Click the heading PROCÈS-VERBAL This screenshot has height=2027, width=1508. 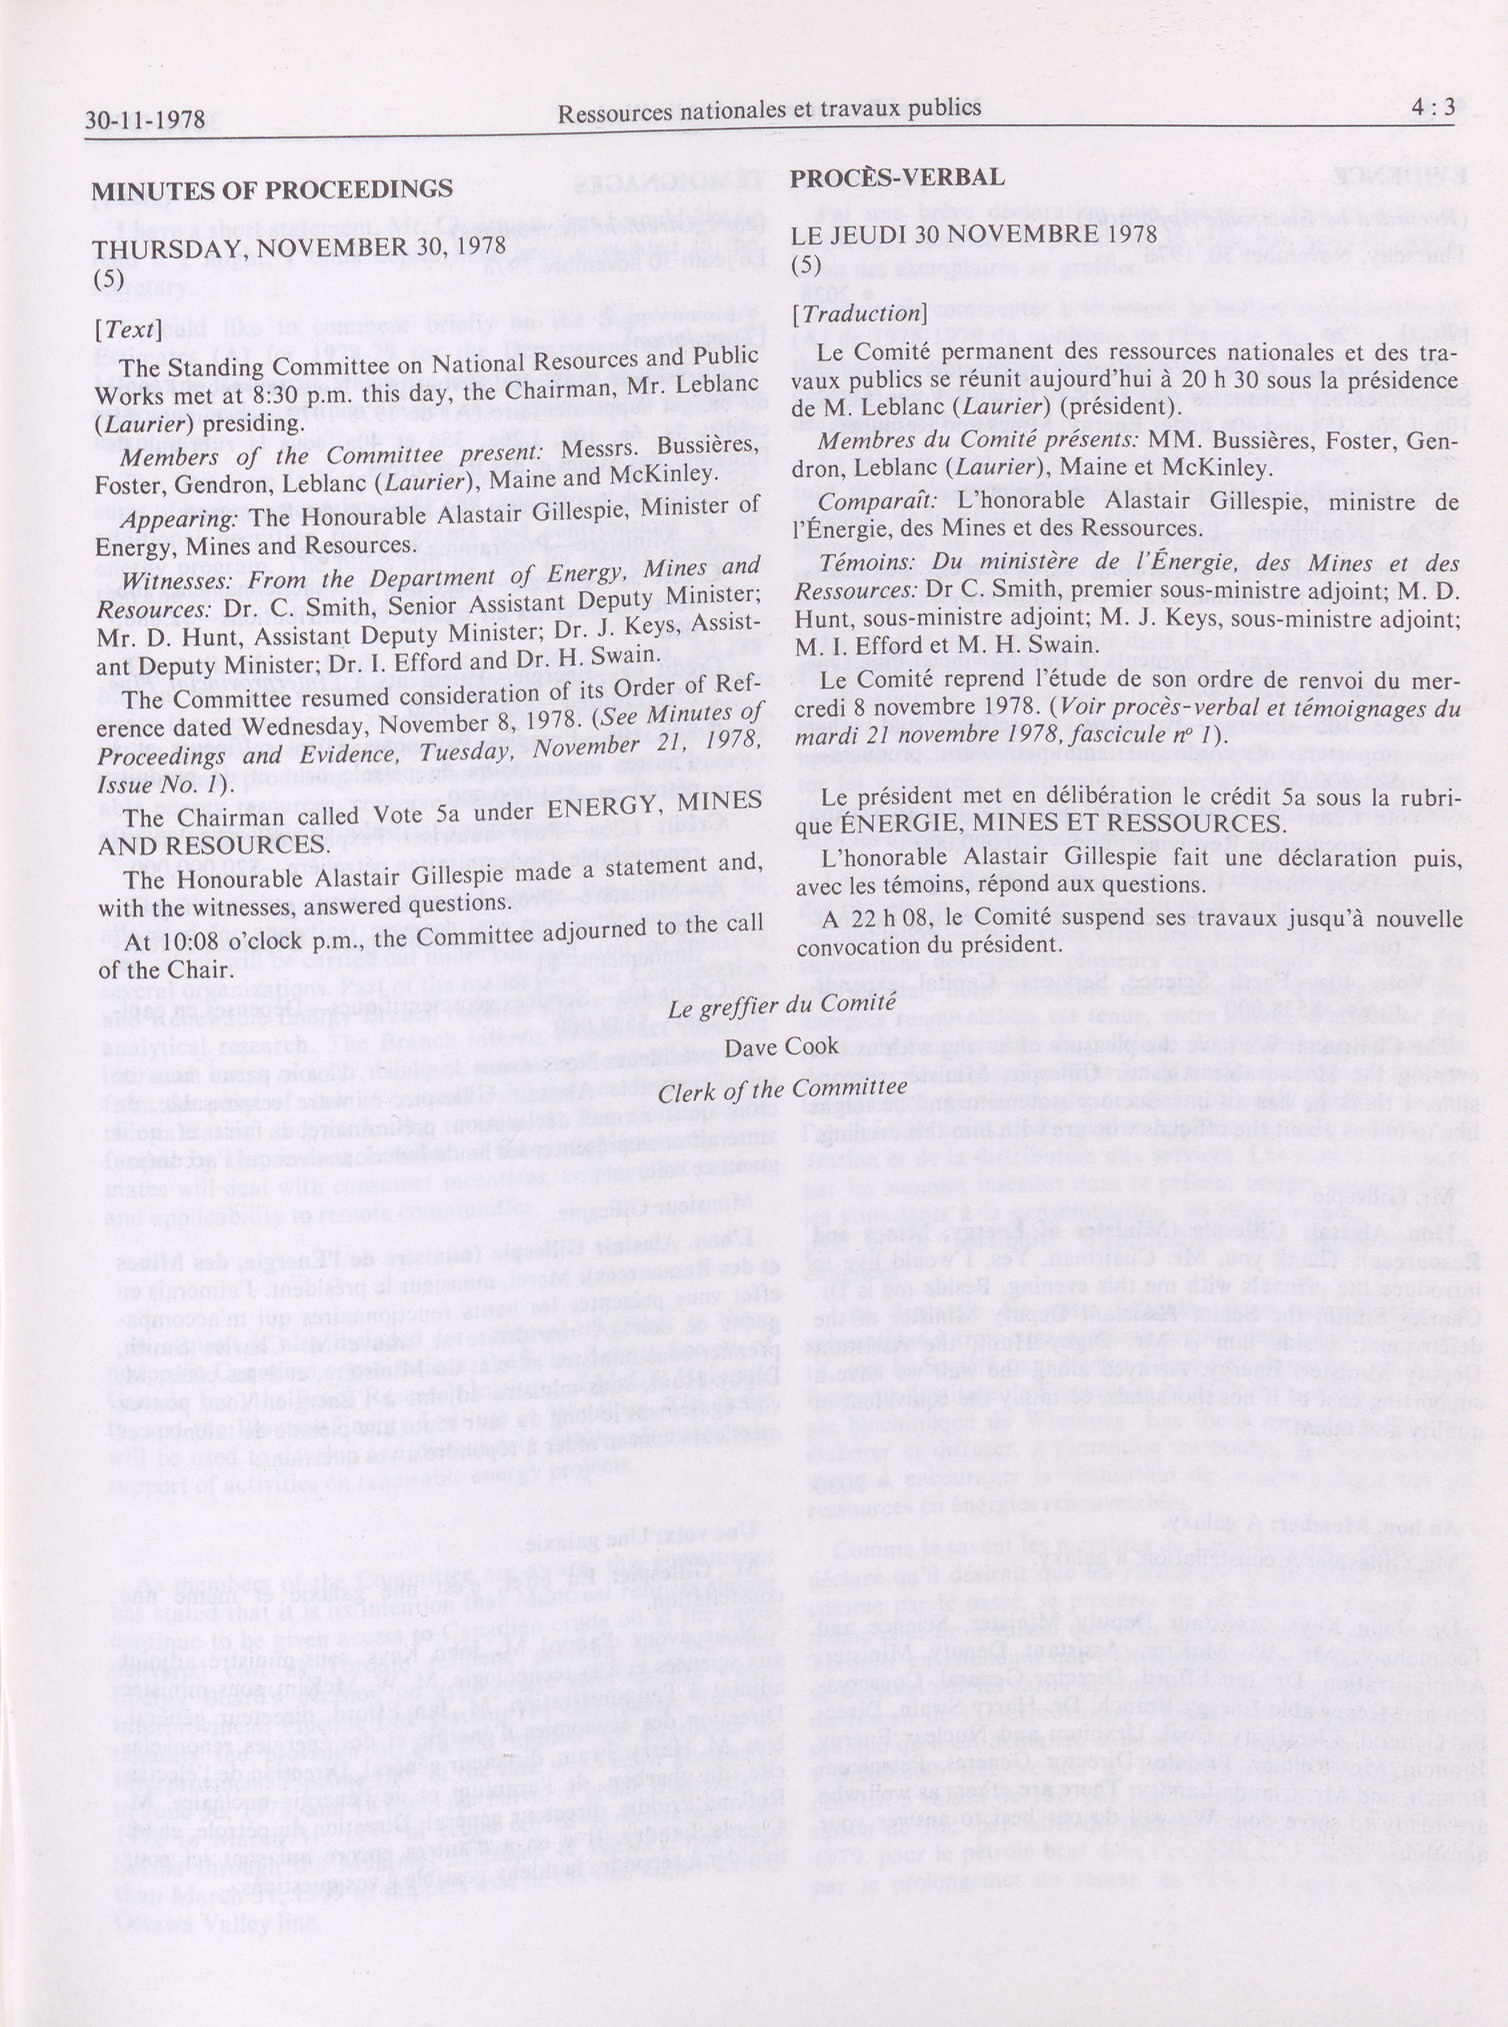coord(897,177)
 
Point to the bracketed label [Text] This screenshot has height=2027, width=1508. coord(128,329)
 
